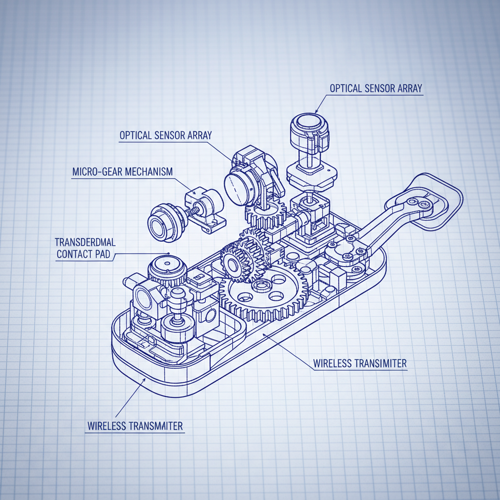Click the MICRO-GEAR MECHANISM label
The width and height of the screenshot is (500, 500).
click(x=123, y=172)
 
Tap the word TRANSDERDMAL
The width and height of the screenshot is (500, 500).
click(x=85, y=242)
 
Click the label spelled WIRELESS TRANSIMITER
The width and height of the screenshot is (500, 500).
click(x=360, y=363)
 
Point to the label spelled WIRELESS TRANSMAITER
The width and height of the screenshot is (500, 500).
click(x=135, y=426)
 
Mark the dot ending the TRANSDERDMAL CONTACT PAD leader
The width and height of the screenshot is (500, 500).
click(x=168, y=253)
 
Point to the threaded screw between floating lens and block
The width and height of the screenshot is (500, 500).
click(x=191, y=211)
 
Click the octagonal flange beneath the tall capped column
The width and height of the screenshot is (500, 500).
click(x=312, y=176)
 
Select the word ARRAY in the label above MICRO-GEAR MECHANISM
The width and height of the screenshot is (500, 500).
click(x=200, y=136)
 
